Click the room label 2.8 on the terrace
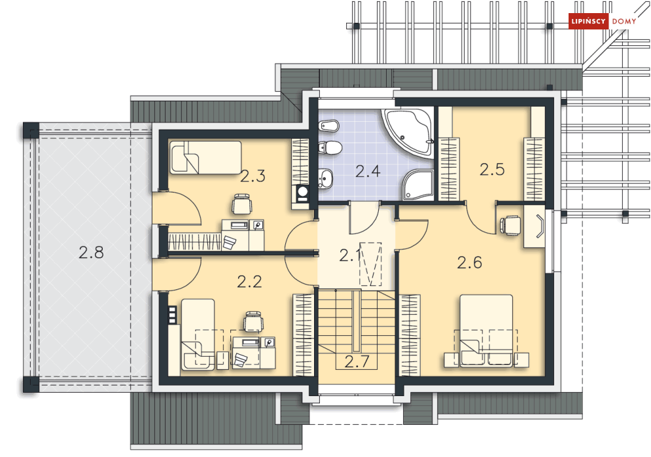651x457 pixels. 91,252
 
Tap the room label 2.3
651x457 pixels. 253,176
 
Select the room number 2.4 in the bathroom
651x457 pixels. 368,171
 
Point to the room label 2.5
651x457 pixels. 492,170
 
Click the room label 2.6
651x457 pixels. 470,263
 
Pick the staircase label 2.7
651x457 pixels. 357,362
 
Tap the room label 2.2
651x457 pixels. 249,282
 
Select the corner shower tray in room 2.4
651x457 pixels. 417,185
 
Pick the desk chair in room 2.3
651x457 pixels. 241,204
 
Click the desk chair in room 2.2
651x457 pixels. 253,321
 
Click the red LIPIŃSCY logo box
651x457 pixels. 588,21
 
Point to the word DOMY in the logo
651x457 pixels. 624,21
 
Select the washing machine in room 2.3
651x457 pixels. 302,194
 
